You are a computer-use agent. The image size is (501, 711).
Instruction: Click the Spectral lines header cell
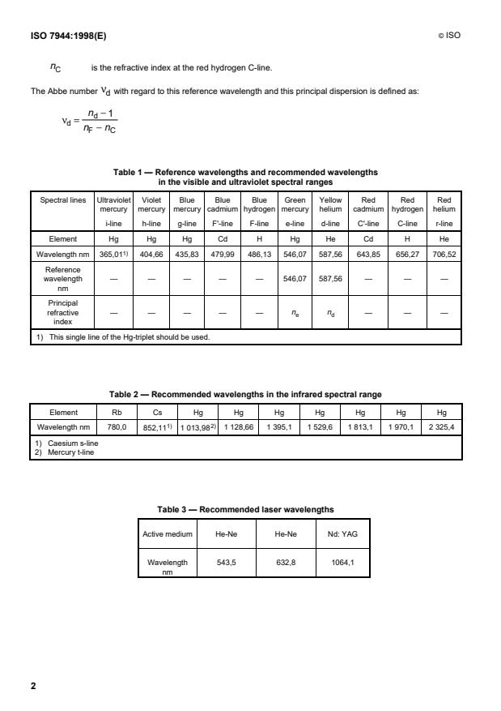(x=62, y=199)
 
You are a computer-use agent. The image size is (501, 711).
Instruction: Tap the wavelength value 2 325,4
(x=442, y=426)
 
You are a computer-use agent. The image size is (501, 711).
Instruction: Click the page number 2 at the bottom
(x=33, y=686)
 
